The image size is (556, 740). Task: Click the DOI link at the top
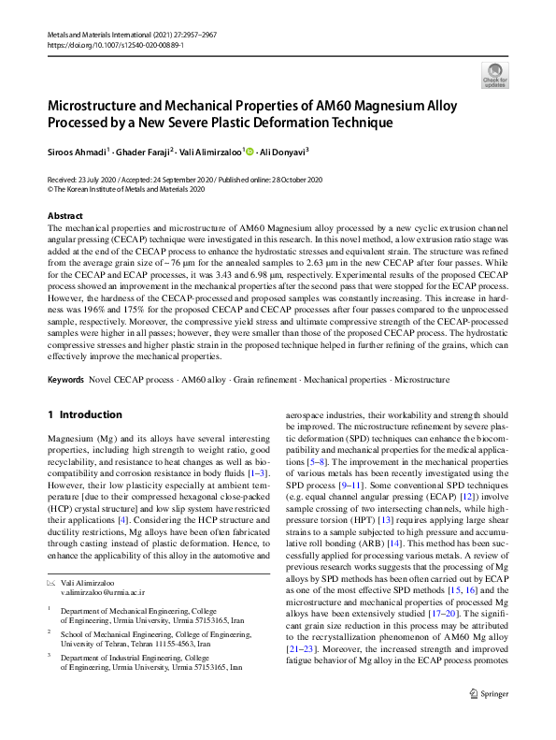tap(104, 44)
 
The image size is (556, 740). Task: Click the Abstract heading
tap(64, 215)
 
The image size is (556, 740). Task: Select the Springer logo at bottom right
tap(489, 718)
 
